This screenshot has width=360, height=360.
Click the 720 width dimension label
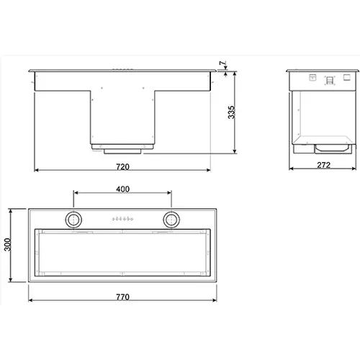pos(122,166)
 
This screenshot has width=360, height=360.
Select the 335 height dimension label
pos(231,112)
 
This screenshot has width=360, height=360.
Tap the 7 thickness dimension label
pos(223,63)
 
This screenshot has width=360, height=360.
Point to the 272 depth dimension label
pos(323,165)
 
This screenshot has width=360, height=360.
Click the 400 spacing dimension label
pos(122,189)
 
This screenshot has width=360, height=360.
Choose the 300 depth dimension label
pos(8,245)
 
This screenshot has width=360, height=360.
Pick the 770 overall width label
pos(122,297)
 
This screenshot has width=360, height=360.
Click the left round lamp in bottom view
pos(73,220)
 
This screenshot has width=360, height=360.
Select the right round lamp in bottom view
pos(171,220)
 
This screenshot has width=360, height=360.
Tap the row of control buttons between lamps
pos(122,219)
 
